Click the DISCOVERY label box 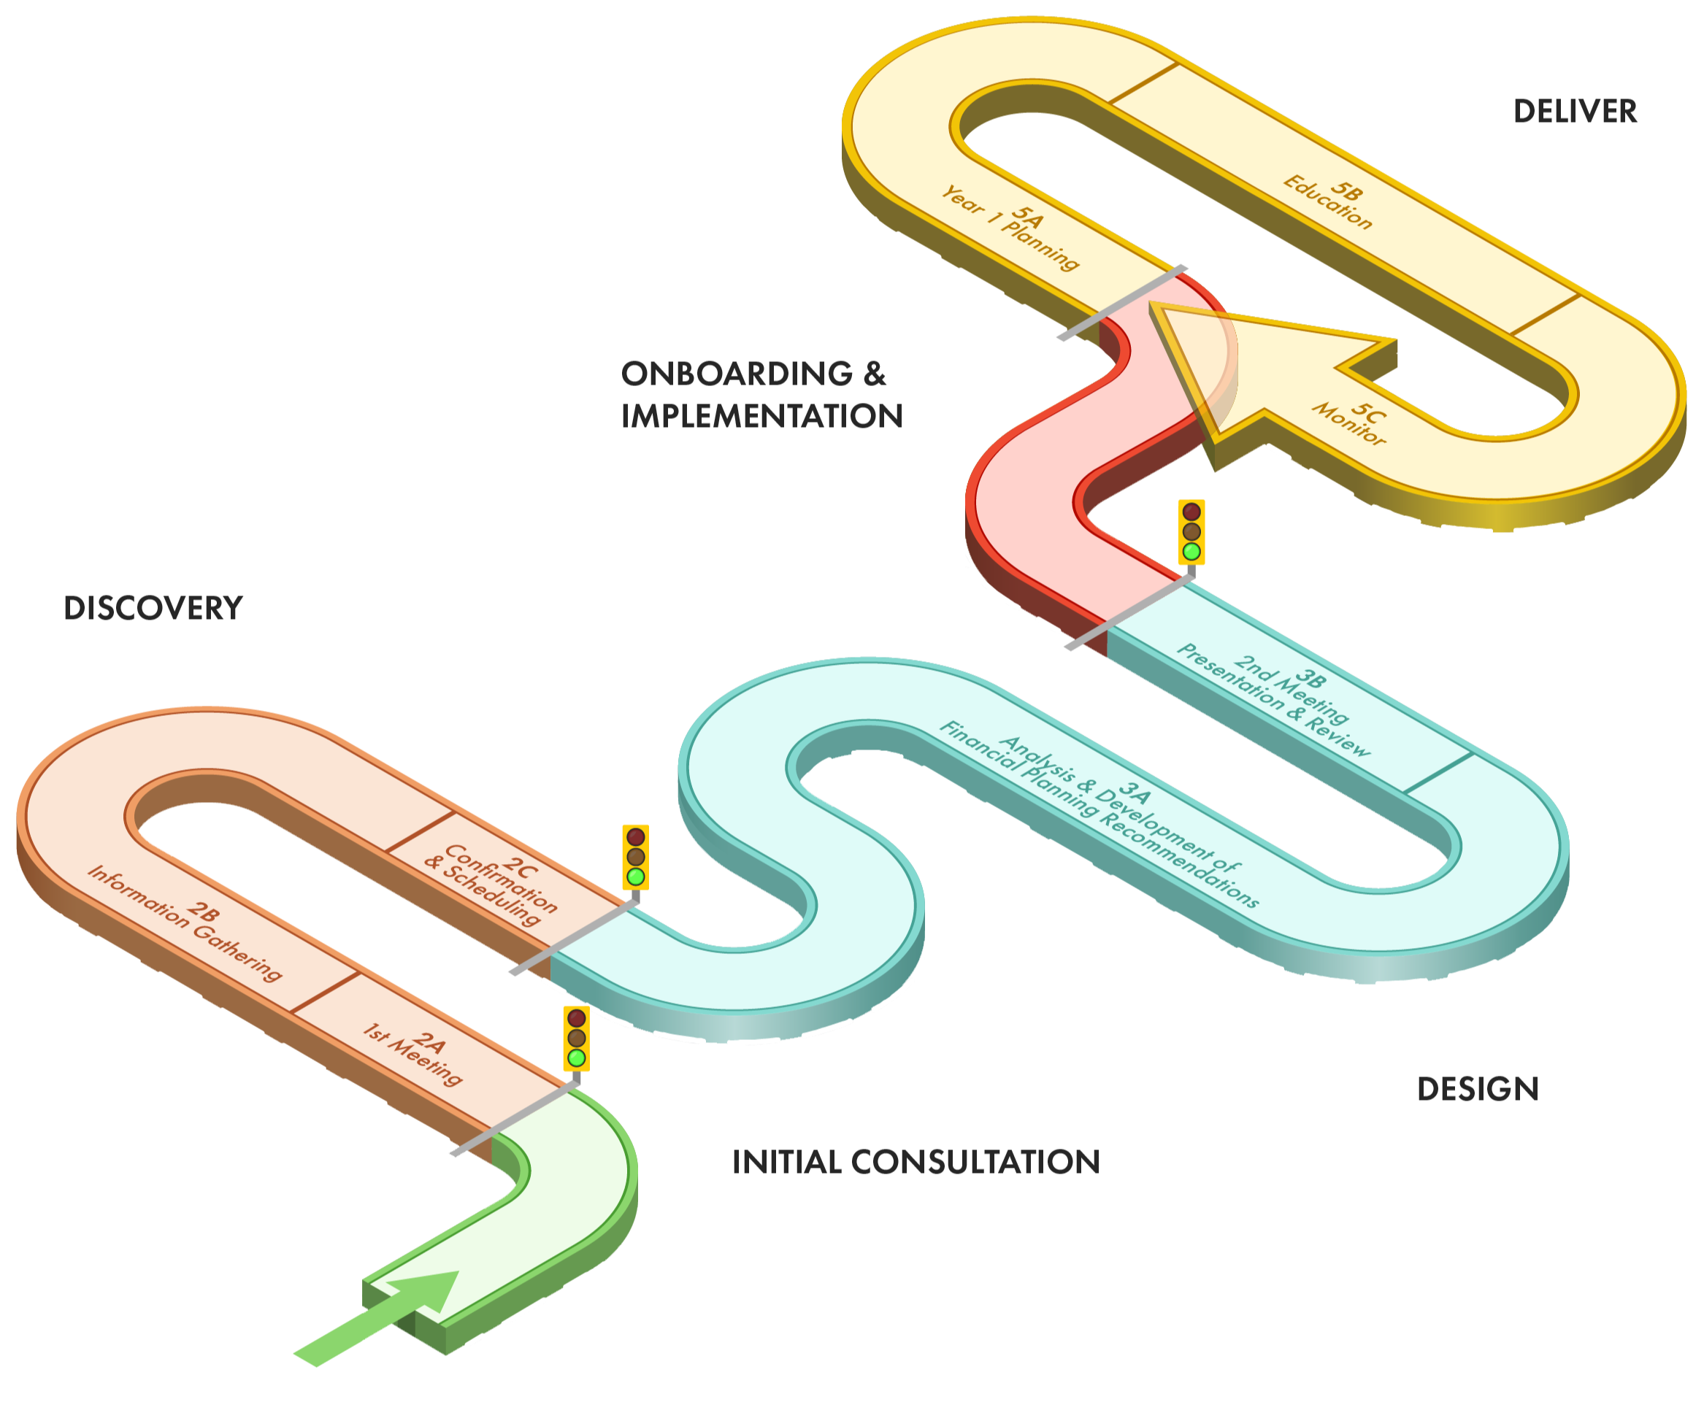point(153,607)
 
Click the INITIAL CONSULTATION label point(916,1161)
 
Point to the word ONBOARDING point(737,374)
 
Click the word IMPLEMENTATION point(761,416)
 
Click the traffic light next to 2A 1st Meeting point(576,1038)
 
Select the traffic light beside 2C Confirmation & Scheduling point(636,856)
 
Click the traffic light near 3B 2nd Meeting point(1191,531)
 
